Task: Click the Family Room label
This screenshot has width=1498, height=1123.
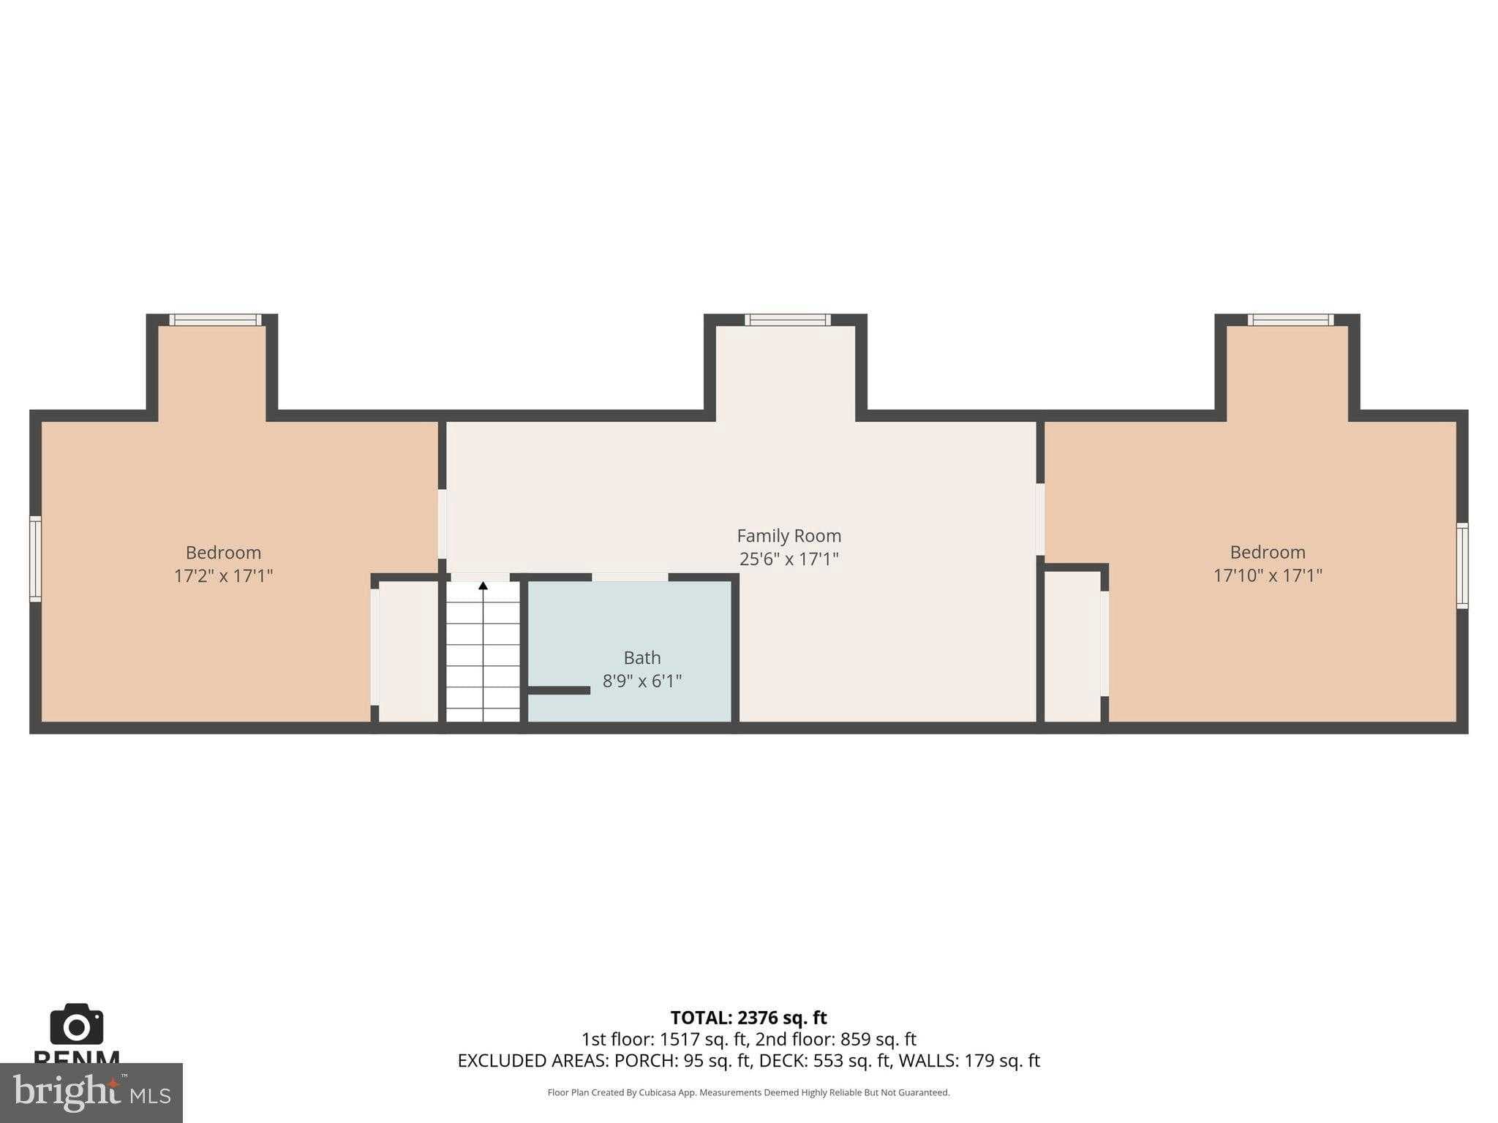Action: coord(788,536)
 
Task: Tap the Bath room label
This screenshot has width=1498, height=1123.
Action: coord(641,657)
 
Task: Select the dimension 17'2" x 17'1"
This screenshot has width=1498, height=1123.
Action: coord(223,576)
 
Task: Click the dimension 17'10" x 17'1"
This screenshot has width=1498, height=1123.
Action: coord(1268,576)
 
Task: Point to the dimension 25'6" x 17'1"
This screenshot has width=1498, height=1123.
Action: coord(788,559)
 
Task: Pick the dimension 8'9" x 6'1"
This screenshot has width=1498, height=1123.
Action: coord(641,681)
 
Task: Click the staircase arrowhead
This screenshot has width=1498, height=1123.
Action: coord(483,586)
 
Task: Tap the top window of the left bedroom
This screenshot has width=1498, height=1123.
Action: coord(215,319)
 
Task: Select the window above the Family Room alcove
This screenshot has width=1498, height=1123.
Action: coord(788,319)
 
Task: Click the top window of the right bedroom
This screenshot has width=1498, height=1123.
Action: coord(1290,319)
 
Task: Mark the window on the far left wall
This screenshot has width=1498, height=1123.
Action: coord(34,559)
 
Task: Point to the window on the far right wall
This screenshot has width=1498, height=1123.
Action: coord(1461,565)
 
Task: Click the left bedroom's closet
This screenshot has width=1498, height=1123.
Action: coord(408,651)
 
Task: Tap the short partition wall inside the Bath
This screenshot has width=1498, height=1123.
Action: coord(559,690)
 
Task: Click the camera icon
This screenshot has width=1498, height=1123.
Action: coord(76,1024)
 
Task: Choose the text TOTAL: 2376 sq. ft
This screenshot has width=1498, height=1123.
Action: coord(748,1018)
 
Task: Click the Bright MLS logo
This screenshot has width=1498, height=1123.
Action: coord(91,1092)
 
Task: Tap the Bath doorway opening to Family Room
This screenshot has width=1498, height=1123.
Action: coord(630,577)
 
